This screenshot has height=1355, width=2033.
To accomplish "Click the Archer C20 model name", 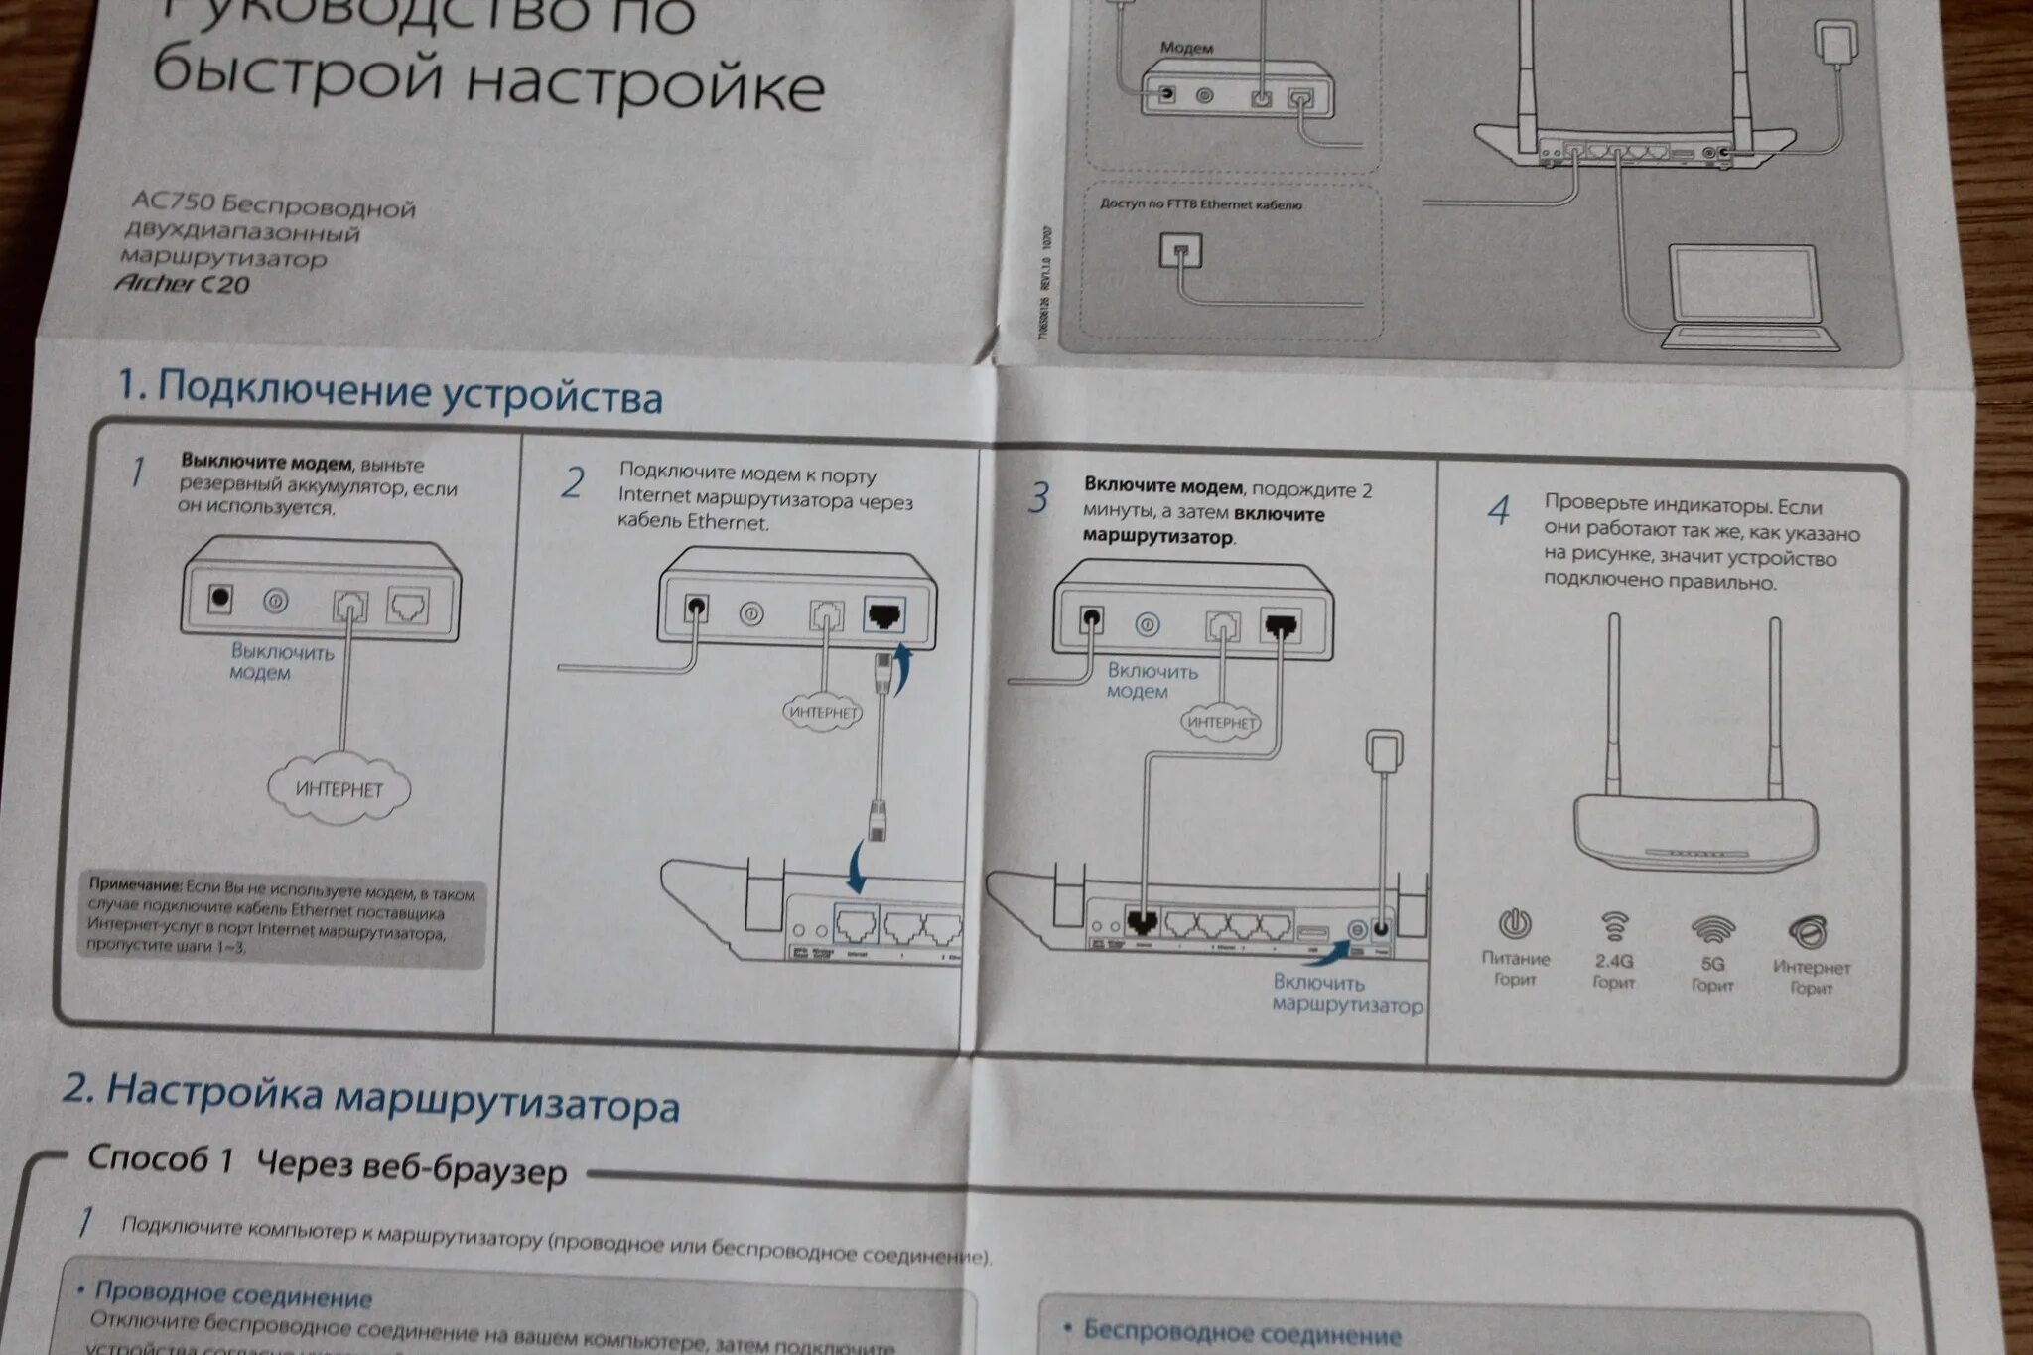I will [182, 284].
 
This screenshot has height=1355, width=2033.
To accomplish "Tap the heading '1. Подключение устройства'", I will [389, 391].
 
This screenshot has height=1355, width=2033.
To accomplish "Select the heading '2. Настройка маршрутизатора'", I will [370, 1097].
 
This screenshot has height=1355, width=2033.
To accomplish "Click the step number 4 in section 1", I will [1498, 511].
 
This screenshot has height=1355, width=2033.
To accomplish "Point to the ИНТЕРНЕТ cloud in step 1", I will [339, 789].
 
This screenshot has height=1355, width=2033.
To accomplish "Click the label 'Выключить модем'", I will [282, 662].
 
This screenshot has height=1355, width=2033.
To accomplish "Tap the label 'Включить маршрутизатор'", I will [1346, 994].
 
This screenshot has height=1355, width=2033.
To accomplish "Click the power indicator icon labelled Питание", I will [1514, 925].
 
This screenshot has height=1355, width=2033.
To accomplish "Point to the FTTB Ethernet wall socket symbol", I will [1180, 250].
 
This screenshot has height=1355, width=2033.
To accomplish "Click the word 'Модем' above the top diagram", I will [1186, 48].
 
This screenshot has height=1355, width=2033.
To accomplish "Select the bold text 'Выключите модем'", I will [265, 463].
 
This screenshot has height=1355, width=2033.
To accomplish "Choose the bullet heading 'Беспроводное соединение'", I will [1242, 1332].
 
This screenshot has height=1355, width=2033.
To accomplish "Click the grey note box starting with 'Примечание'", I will [282, 919].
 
